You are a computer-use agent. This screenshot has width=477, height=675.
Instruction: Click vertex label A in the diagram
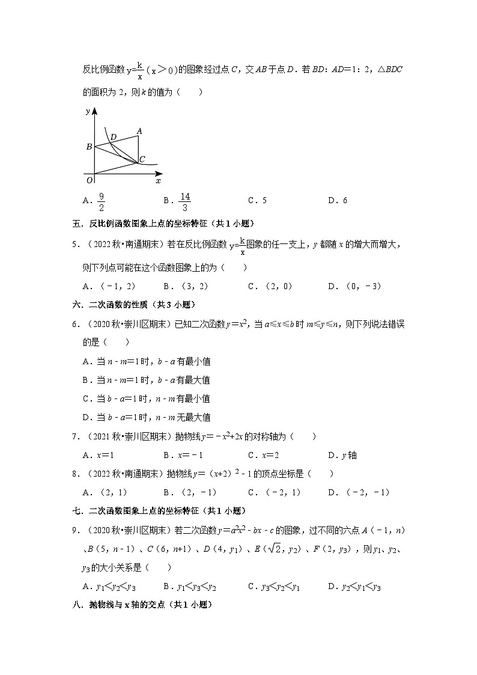tap(139, 131)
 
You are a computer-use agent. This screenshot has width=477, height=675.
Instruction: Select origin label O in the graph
tap(88, 179)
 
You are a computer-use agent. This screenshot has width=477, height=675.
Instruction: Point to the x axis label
tap(158, 180)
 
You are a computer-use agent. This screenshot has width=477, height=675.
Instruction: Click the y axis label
tap(88, 111)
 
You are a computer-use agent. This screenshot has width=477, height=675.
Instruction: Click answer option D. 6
tap(338, 201)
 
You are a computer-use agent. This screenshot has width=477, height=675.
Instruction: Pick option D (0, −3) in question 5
tap(354, 286)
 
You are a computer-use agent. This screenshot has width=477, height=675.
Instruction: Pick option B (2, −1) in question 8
tap(189, 492)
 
